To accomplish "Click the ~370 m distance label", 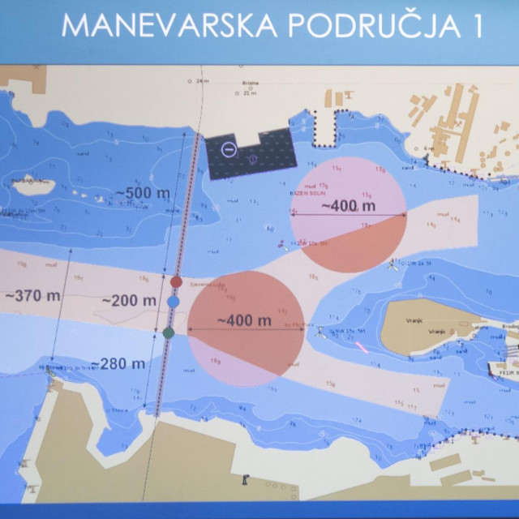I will (x=32, y=295).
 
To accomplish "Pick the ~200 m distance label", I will (x=129, y=300).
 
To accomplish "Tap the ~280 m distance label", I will (x=118, y=363).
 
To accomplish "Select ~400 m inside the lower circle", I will (x=244, y=320).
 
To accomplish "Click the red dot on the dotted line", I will (x=177, y=282).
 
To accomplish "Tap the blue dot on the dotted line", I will (x=173, y=302).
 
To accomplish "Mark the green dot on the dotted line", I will (x=169, y=332).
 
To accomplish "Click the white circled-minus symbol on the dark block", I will (x=229, y=149).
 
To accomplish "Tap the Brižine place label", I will (x=248, y=83).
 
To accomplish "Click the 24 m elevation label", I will (x=201, y=81).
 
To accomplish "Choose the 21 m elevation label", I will (x=249, y=94).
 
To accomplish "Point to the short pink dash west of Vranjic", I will (x=362, y=347).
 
